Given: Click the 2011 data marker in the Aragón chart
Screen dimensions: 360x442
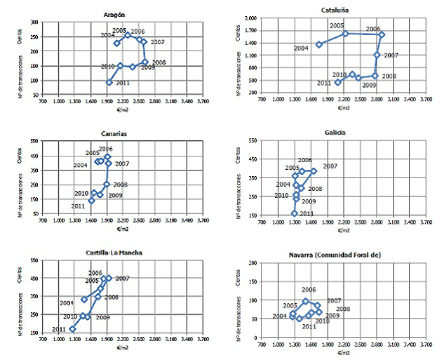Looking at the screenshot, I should (x=109, y=82).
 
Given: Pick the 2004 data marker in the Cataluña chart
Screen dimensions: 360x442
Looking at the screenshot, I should (x=319, y=44).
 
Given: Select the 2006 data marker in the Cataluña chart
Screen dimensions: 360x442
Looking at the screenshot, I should (x=382, y=34).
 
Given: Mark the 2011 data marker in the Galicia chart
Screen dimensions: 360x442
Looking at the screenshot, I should (x=295, y=213).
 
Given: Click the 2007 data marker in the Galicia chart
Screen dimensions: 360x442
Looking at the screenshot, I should (x=314, y=171).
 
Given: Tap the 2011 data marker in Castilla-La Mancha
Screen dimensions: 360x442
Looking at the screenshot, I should (x=72, y=328).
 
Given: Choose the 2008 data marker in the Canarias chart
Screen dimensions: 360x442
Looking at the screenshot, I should (x=107, y=185).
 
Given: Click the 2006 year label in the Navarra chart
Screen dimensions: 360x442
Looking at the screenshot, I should (x=309, y=289).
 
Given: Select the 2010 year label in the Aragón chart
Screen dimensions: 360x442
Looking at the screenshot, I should (x=107, y=66).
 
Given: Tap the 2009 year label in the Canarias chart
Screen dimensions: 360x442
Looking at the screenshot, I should (x=116, y=195).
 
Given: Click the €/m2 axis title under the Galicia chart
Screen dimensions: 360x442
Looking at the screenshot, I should (x=343, y=227).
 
